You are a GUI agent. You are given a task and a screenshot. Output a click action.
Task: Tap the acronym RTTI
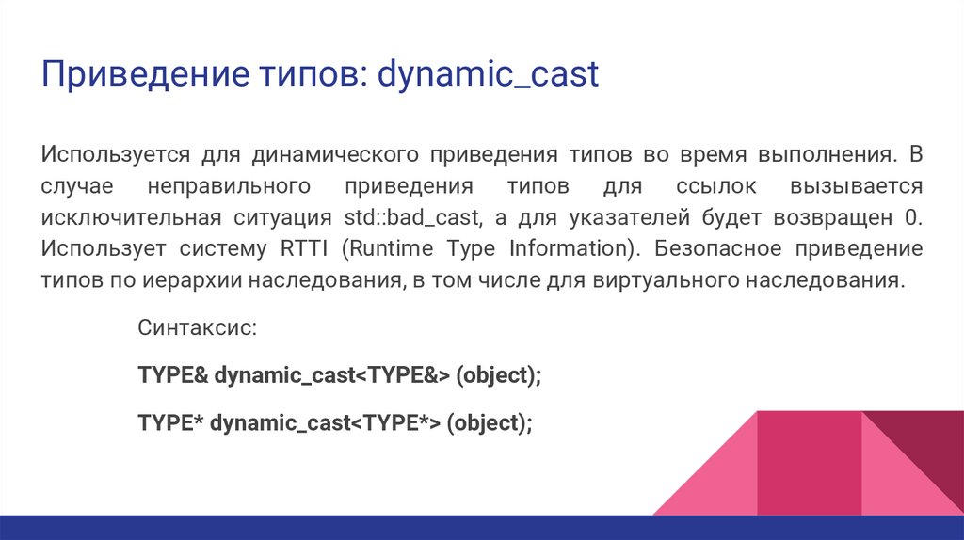tap(302, 249)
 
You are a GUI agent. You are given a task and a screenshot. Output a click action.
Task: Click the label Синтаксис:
tap(197, 329)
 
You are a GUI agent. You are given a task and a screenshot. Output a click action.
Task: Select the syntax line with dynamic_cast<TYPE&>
tap(340, 376)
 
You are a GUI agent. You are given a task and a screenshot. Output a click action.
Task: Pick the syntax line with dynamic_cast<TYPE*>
tap(335, 423)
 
